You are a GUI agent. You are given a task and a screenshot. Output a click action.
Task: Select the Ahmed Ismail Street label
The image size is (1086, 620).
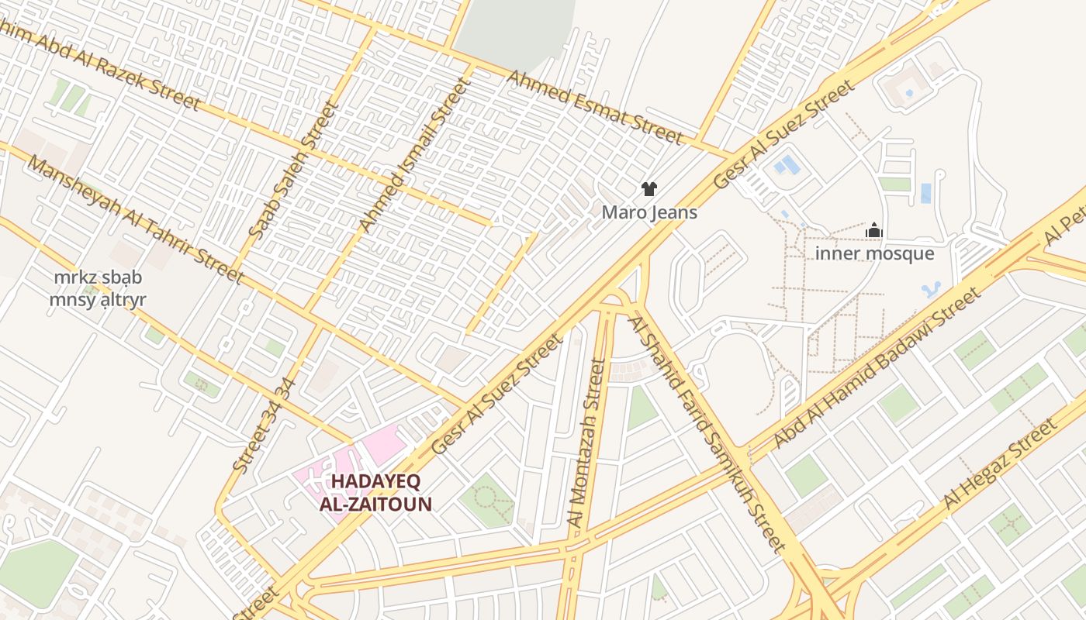[x=414, y=155]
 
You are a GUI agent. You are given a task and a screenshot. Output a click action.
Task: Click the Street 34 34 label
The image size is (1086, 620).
[x=264, y=425]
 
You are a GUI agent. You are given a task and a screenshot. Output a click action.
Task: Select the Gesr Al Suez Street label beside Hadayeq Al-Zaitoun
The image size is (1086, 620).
[x=496, y=394]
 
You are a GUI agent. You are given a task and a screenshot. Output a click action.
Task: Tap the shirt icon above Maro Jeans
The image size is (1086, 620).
[x=649, y=189]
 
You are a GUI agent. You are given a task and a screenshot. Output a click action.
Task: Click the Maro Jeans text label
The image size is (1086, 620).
[x=649, y=212]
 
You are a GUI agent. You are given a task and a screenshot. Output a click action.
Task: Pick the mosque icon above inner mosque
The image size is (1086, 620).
[x=874, y=230]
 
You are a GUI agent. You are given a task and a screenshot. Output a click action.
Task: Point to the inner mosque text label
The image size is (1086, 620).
[x=874, y=253]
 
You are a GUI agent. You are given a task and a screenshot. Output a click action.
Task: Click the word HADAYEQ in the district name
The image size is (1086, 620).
[x=375, y=481]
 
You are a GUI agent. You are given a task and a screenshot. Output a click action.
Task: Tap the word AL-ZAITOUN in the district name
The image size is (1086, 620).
[x=375, y=505]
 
